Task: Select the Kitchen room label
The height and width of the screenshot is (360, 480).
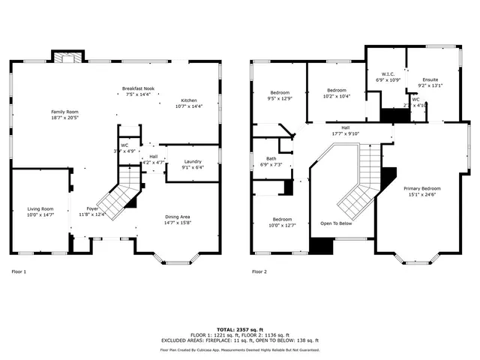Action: (x=188, y=103)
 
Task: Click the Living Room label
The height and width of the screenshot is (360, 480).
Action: (x=40, y=211)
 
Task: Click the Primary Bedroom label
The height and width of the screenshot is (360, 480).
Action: (x=422, y=191)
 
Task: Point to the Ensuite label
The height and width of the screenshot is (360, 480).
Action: (x=430, y=82)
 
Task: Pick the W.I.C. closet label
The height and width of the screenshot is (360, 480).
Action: (x=388, y=76)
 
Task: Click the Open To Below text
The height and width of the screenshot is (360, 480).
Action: (x=335, y=223)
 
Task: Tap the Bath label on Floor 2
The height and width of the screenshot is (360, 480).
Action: (x=269, y=161)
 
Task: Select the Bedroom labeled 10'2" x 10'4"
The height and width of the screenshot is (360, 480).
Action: (x=336, y=92)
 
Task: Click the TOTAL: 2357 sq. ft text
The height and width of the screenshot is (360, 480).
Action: (x=240, y=329)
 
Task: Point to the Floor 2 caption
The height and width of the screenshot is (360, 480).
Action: (x=259, y=271)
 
